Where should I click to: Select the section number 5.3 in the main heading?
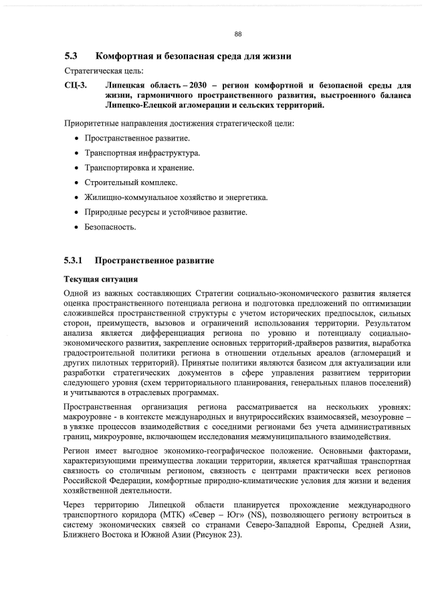[72, 56]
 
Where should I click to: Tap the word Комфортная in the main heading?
[130, 56]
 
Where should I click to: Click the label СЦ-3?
[76, 86]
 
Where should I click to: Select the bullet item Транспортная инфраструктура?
[142, 153]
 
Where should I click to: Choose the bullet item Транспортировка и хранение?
[139, 168]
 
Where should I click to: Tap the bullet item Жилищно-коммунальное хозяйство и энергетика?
[176, 197]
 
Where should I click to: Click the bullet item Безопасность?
[110, 227]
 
